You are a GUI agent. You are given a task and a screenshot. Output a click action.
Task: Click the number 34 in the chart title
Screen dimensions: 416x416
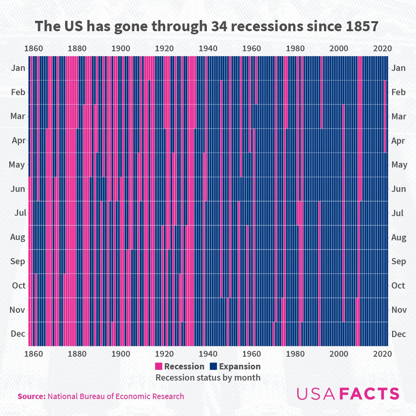[x=222, y=26]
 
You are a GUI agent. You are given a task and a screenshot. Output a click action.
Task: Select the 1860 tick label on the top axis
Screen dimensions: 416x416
[x=34, y=49]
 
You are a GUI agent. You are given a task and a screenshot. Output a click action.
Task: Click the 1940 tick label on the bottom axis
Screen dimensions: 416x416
[x=208, y=354]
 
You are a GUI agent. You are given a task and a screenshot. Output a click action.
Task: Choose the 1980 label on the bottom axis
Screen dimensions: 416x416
[x=295, y=354]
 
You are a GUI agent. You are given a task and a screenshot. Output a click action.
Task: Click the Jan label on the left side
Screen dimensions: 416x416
[x=18, y=68]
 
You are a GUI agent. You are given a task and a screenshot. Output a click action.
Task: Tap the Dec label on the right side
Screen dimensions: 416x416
[x=398, y=334]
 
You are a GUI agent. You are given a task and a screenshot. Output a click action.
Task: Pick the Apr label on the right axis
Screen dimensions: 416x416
[x=398, y=141]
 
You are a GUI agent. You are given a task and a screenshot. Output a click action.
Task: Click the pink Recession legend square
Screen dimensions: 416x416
[x=159, y=366]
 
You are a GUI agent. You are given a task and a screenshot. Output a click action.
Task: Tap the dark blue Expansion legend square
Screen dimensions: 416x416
[x=213, y=366]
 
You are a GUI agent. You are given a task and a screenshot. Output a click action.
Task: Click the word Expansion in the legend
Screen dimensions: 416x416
[x=240, y=366]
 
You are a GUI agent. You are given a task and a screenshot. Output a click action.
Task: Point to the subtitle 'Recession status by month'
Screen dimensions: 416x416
[x=208, y=377]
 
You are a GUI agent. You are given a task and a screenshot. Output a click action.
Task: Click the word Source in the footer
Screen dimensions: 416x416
[x=31, y=396]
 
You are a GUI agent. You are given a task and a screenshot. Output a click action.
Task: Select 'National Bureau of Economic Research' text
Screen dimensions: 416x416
[x=116, y=396]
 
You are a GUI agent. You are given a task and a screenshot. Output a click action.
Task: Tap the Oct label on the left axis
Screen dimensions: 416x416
[x=18, y=285]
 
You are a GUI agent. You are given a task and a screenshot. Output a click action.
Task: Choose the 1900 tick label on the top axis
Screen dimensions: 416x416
[x=121, y=49]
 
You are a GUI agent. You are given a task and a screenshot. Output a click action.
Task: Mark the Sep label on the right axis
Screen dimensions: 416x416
[x=398, y=262]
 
